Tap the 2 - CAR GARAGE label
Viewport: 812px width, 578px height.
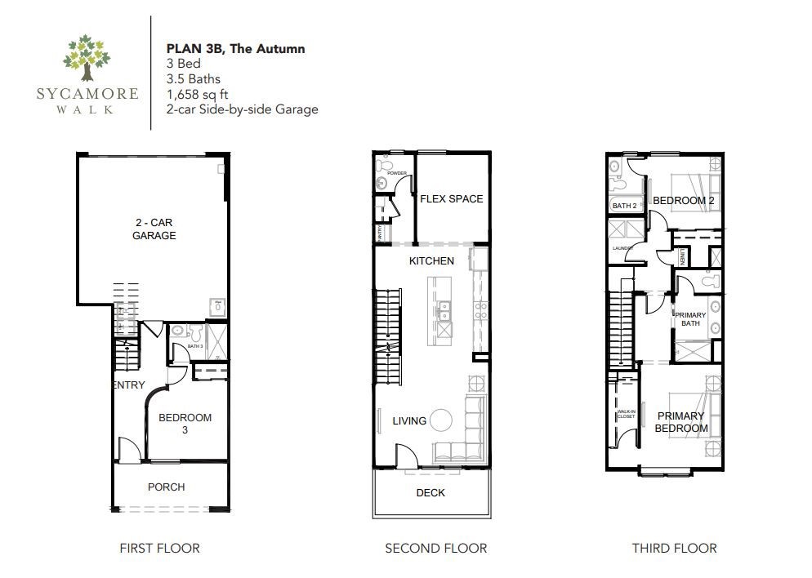coord(154,229)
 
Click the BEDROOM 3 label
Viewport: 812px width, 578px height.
coord(185,424)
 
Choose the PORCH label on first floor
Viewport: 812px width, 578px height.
coord(166,487)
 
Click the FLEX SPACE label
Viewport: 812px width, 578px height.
coord(451,198)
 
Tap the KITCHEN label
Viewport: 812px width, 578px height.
coord(431,261)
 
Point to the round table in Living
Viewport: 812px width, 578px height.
coord(441,420)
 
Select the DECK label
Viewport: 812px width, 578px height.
coord(431,492)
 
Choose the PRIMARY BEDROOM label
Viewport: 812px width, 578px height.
coord(681,422)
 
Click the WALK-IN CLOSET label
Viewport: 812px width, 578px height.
coord(626,415)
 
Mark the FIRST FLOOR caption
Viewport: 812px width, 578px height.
coord(159,549)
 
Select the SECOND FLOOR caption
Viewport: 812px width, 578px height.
coord(435,549)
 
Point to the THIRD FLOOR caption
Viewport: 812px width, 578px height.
coord(674,549)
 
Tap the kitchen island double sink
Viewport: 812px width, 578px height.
coord(444,311)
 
